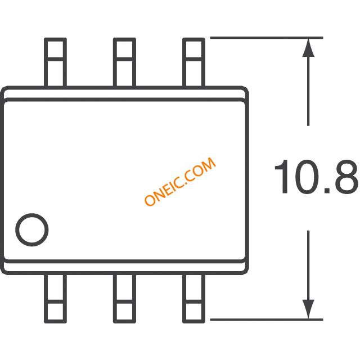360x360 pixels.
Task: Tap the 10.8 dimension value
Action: coord(316,178)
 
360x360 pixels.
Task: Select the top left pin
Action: coord(55,62)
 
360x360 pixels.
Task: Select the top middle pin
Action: coord(124,62)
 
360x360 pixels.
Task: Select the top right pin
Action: coord(194,62)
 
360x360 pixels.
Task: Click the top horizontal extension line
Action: coord(264,38)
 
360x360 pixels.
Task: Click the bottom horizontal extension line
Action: coord(264,319)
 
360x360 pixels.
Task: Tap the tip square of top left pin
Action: coord(55,47)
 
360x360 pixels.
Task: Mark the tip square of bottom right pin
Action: coord(194,311)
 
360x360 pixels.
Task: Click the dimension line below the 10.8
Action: coord(308,264)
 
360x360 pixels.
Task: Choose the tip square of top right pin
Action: coord(194,47)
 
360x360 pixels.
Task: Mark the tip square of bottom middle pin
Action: coord(124,311)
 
